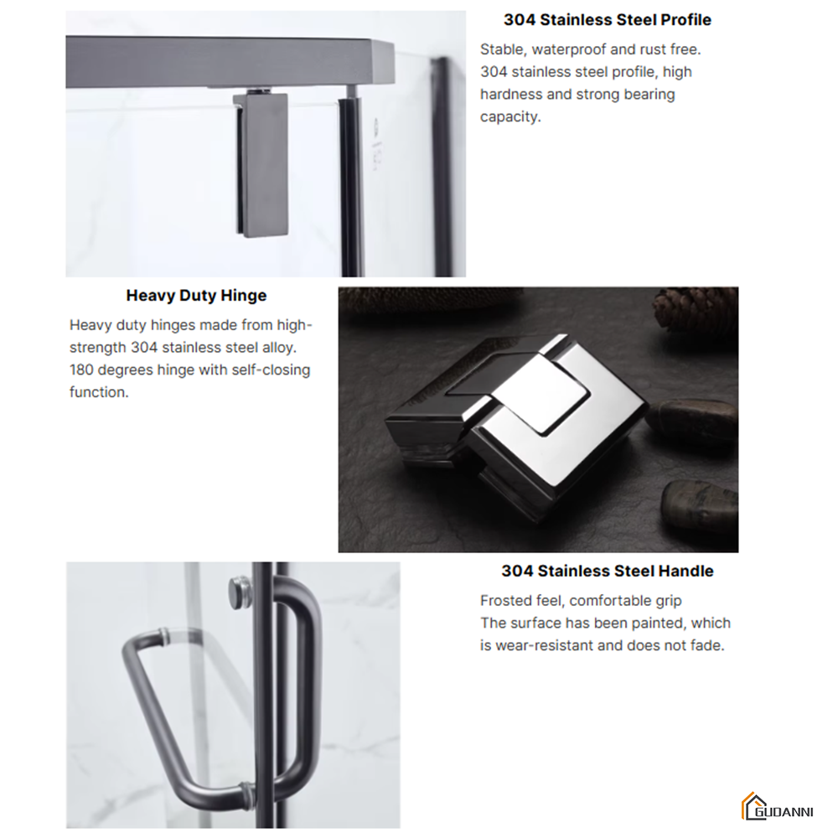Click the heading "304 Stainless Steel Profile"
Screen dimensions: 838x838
607,20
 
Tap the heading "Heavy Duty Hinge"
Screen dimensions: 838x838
196,296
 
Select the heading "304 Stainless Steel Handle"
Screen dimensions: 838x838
607,572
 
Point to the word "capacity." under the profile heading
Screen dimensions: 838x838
510,117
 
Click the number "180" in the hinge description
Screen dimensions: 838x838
82,370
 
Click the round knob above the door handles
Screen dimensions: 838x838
241,592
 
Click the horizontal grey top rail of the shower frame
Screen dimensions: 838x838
230,62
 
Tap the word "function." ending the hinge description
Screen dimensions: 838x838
99,392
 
